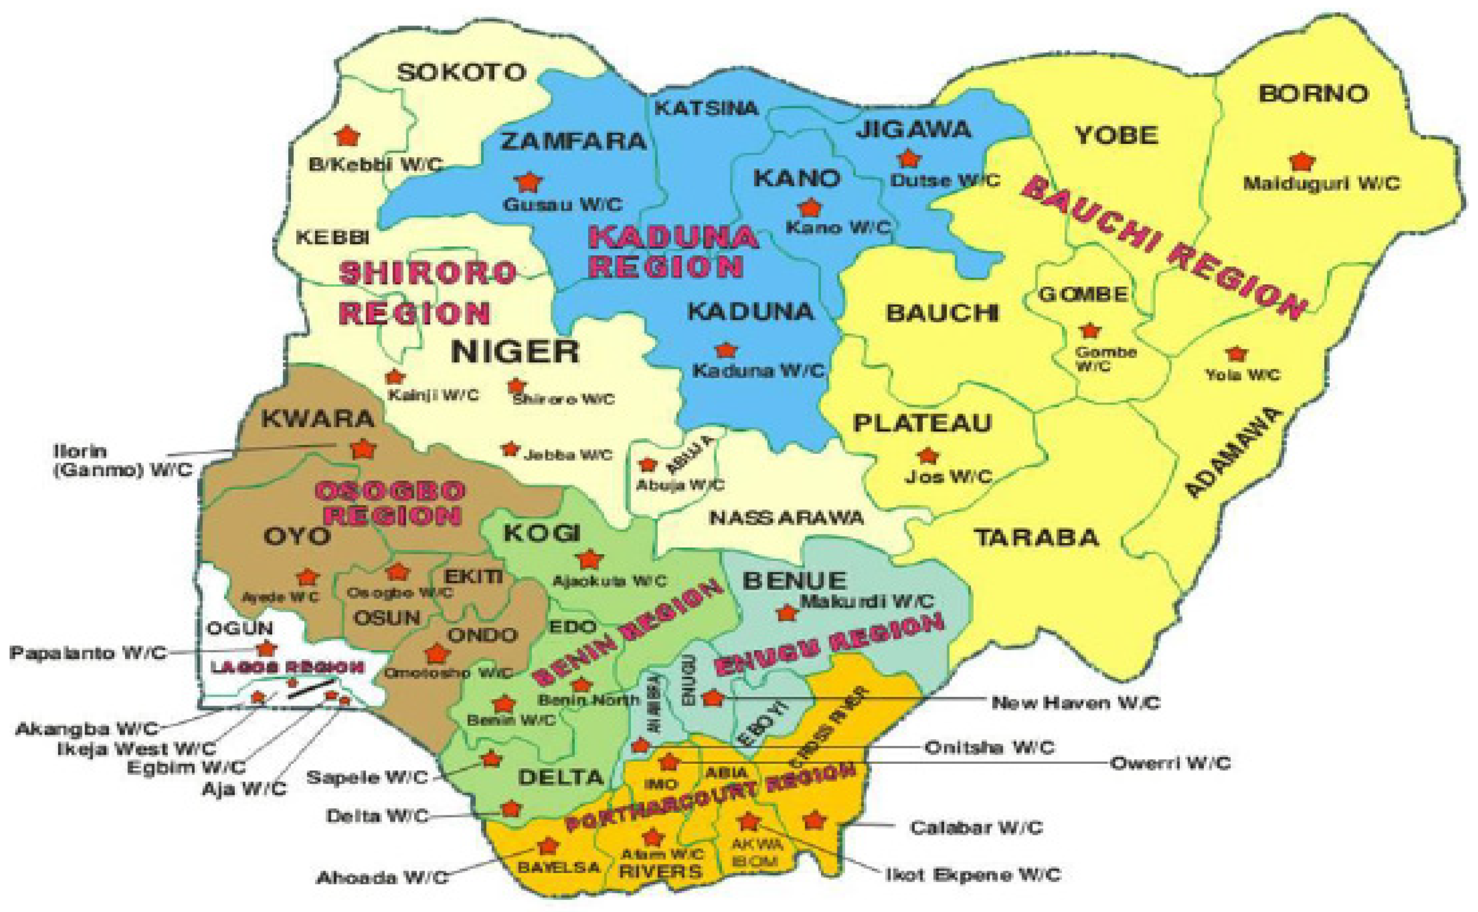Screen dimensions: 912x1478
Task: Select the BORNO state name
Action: point(1314,94)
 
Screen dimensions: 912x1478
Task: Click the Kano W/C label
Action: point(838,228)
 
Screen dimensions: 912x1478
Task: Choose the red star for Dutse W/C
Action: point(909,159)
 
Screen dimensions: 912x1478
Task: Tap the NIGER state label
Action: point(515,351)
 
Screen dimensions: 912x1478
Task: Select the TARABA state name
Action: point(1037,537)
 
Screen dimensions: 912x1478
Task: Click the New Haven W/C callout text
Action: point(1076,703)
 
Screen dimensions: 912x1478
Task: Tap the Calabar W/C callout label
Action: point(976,827)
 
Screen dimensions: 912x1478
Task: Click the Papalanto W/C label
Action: point(88,653)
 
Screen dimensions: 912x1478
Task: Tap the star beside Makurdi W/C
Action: point(787,613)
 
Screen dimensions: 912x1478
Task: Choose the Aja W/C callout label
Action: point(244,789)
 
